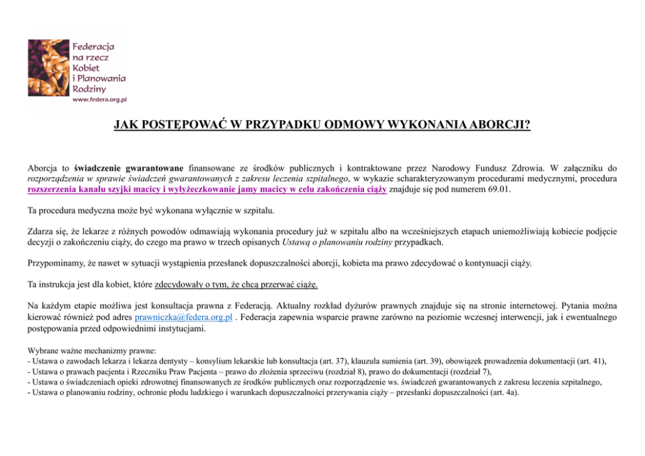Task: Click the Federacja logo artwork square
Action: [47, 68]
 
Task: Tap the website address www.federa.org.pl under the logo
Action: [99, 100]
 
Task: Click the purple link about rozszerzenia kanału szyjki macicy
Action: [207, 189]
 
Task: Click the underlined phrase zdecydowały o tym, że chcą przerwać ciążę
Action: [237, 285]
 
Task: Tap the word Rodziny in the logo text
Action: [90, 88]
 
